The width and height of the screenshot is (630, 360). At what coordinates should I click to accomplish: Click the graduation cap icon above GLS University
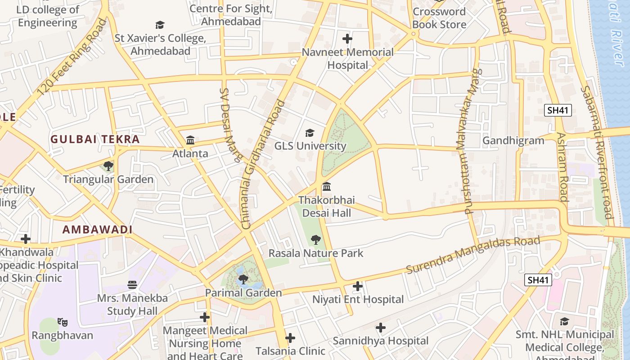pyautogui.click(x=310, y=133)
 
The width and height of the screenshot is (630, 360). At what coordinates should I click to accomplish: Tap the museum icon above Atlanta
pyautogui.click(x=190, y=140)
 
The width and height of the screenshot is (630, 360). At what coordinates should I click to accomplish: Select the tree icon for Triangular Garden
pyautogui.click(x=108, y=166)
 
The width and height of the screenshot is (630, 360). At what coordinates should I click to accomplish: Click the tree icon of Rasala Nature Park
pyautogui.click(x=316, y=239)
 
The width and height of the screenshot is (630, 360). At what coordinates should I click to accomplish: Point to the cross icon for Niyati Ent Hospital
pyautogui.click(x=358, y=286)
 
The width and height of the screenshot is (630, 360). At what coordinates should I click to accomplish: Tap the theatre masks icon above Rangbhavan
pyautogui.click(x=63, y=322)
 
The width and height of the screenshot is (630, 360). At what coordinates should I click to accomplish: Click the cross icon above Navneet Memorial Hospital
pyautogui.click(x=347, y=38)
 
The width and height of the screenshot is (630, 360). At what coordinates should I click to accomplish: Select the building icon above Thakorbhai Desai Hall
pyautogui.click(x=327, y=186)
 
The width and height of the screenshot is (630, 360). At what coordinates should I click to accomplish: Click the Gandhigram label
pyautogui.click(x=513, y=141)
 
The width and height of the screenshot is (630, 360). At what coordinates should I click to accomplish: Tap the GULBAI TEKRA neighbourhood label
pyautogui.click(x=95, y=139)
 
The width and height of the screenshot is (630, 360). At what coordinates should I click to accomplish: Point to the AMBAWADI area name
pyautogui.click(x=97, y=229)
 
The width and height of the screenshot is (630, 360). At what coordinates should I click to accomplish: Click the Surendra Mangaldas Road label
pyautogui.click(x=472, y=255)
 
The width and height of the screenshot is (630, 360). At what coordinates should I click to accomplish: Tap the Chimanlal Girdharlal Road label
pyautogui.click(x=264, y=164)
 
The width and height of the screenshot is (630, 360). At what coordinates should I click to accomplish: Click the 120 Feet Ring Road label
pyautogui.click(x=72, y=57)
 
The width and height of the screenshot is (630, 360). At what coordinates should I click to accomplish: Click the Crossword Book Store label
pyautogui.click(x=439, y=18)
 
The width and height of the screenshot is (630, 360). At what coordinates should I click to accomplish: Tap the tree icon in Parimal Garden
pyautogui.click(x=243, y=279)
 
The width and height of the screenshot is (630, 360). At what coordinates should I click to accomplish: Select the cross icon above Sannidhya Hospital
pyautogui.click(x=381, y=328)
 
